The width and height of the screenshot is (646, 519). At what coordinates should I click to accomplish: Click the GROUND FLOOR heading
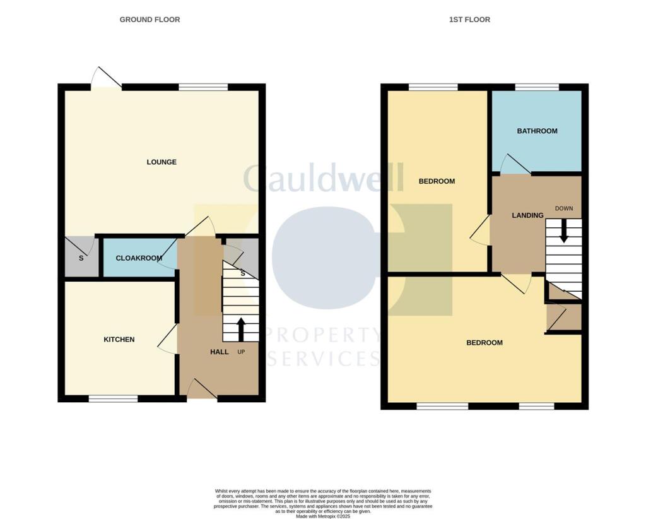pos(150,20)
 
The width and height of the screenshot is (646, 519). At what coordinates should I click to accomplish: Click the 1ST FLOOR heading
pos(469,20)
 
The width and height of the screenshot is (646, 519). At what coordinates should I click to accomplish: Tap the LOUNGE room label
pos(161,162)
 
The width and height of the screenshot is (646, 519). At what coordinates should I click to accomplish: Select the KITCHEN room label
pos(119,340)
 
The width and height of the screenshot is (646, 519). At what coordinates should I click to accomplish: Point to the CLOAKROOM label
pos(139,258)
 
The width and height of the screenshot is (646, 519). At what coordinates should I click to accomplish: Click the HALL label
pos(219,352)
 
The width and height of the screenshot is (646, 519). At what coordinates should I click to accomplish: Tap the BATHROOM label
pos(537,131)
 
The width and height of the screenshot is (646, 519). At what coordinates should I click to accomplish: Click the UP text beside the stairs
pos(241,352)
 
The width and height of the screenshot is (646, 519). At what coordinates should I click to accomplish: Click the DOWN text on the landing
pos(564,208)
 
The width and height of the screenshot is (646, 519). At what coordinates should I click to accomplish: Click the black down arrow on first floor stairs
pos(564,230)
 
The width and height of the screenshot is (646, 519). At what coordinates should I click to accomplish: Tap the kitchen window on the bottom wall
pos(113,398)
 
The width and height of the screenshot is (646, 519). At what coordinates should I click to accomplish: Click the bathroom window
pos(537,87)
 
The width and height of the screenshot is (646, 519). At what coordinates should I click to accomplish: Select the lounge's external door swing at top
pos(106,78)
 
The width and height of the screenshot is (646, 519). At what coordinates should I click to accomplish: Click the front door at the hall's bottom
pos(202,390)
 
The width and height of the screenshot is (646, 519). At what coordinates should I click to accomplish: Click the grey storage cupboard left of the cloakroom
pos(81,257)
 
